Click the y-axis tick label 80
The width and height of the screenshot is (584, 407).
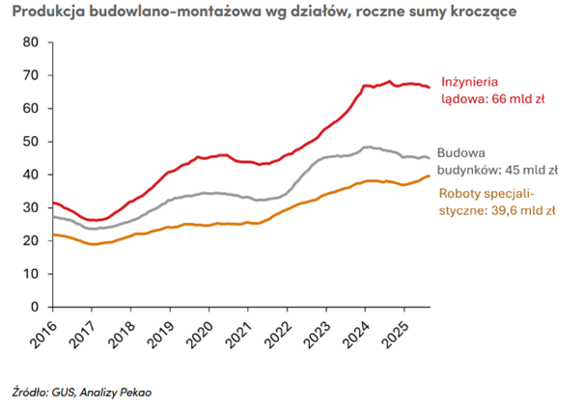pos(29,42)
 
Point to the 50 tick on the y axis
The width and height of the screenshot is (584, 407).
pos(29,141)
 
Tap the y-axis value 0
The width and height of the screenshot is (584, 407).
pos(33,306)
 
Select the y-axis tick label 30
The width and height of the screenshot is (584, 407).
pos(29,207)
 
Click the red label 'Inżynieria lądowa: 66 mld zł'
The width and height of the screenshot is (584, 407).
pos(492,90)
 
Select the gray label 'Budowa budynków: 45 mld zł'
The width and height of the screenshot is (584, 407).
pos(497,160)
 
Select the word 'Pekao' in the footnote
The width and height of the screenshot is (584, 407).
pos(136,392)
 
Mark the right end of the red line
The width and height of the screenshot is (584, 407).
pos(430,88)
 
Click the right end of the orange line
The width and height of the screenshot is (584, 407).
pos(430,176)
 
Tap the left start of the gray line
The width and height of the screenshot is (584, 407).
pos(52,217)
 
